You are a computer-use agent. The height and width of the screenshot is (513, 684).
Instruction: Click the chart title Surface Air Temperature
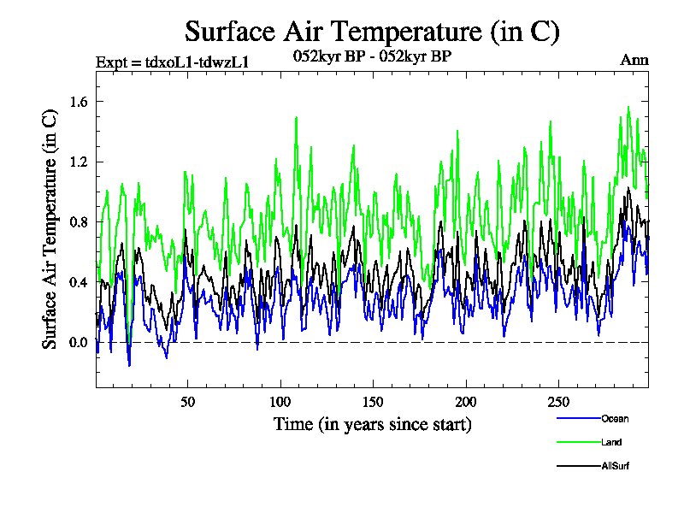[x=372, y=32]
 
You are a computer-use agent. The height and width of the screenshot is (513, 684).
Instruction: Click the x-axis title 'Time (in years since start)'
[x=372, y=424]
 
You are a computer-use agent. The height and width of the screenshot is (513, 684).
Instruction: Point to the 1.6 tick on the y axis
[x=78, y=102]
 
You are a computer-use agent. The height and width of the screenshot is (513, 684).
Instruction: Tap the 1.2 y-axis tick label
[x=78, y=162]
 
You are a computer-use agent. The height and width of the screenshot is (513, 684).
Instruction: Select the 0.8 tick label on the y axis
[x=78, y=222]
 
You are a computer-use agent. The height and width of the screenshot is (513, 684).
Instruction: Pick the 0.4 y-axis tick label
[x=78, y=282]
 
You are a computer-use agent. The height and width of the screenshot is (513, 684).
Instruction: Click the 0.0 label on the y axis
[x=78, y=343]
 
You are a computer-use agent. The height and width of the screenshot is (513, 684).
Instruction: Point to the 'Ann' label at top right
[x=634, y=60]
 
